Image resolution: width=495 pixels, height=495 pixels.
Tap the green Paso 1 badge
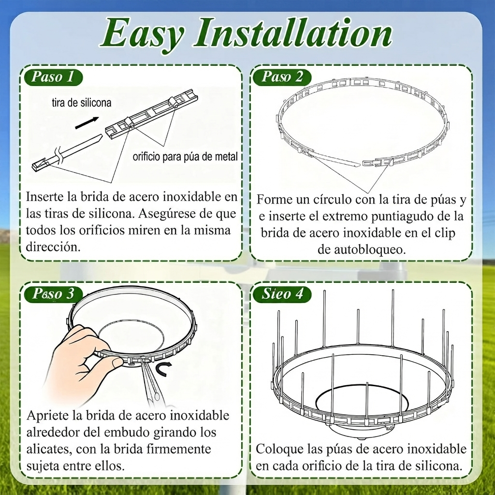tap(53, 77)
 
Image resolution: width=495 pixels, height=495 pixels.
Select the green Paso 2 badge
tap(282, 77)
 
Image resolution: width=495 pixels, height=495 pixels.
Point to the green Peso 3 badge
tap(54, 294)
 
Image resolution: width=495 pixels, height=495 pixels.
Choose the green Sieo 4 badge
tap(282, 294)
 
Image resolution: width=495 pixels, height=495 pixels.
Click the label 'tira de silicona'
tap(82, 102)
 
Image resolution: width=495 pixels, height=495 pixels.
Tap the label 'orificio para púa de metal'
tap(185, 157)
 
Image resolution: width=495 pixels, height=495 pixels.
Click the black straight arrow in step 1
tap(87, 123)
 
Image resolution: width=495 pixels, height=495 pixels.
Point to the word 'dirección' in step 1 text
tap(53, 247)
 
